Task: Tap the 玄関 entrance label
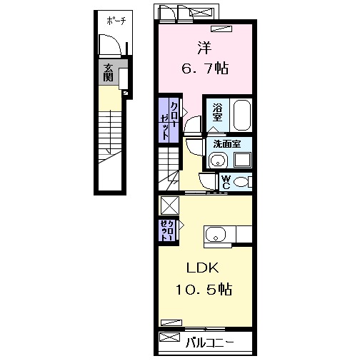tap(109, 71)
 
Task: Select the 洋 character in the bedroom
tap(204, 48)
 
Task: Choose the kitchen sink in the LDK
tap(216, 234)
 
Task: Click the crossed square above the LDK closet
tap(170, 205)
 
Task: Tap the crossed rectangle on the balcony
tap(169, 337)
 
